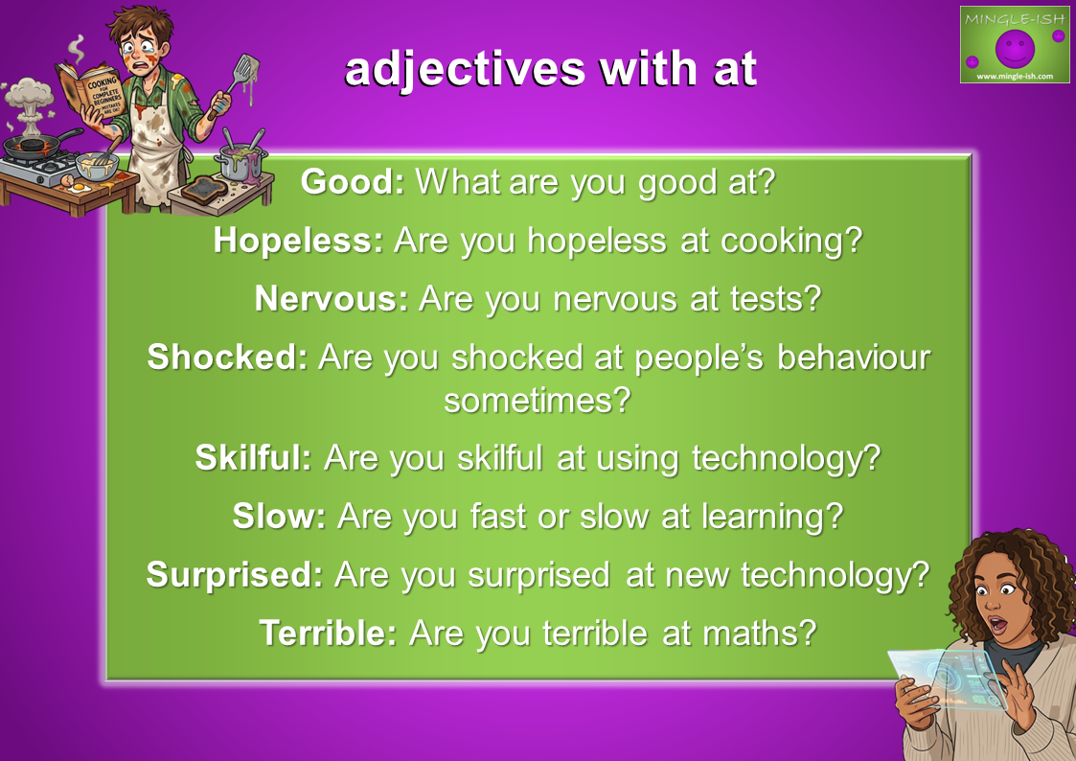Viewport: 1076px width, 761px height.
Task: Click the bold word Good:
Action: [353, 182]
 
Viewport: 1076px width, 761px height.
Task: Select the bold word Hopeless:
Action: [299, 241]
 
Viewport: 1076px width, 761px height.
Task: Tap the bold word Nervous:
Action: [332, 299]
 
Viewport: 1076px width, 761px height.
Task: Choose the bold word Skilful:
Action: [254, 458]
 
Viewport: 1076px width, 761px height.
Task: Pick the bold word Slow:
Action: [279, 516]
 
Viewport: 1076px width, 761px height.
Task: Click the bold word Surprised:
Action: [235, 575]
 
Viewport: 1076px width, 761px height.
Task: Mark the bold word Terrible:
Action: [329, 633]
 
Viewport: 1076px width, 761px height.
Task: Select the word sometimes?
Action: [538, 400]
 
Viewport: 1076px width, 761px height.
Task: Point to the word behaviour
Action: [855, 357]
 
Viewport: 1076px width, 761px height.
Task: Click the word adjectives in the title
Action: [465, 70]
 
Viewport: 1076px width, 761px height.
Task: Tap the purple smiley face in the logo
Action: [1015, 48]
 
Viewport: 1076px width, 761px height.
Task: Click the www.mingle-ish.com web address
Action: [1015, 76]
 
